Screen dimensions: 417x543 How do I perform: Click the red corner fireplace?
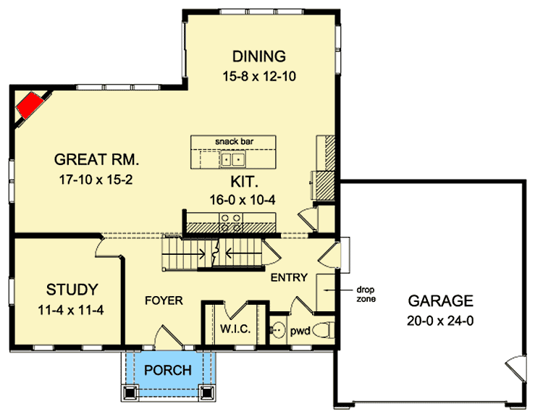pyautogui.click(x=30, y=106)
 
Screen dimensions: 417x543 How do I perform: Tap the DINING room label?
pyautogui.click(x=258, y=56)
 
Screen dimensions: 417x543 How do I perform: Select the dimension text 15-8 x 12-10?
pyautogui.click(x=258, y=75)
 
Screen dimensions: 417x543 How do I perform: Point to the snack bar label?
pyautogui.click(x=234, y=141)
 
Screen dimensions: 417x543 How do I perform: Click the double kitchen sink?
pyautogui.click(x=233, y=159)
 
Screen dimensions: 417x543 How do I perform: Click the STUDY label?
pyautogui.click(x=72, y=290)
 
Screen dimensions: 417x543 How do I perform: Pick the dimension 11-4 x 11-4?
pyautogui.click(x=72, y=310)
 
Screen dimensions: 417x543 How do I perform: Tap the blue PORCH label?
pyautogui.click(x=168, y=370)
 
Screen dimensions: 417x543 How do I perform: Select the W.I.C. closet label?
pyautogui.click(x=234, y=330)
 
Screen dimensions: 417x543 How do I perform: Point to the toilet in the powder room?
pyautogui.click(x=325, y=330)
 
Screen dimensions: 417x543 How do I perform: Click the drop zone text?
pyautogui.click(x=364, y=292)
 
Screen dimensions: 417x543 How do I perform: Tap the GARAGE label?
pyautogui.click(x=440, y=300)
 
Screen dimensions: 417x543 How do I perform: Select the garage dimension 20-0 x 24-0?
pyautogui.click(x=440, y=320)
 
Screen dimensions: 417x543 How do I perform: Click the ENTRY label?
pyautogui.click(x=289, y=277)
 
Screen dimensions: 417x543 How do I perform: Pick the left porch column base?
pyautogui.click(x=130, y=393)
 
